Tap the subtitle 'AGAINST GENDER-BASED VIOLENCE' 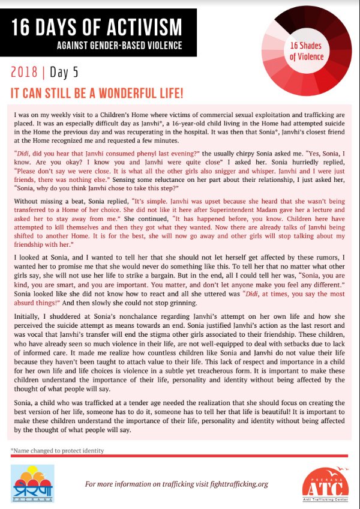coord(119,46)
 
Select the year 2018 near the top coord(24,73)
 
